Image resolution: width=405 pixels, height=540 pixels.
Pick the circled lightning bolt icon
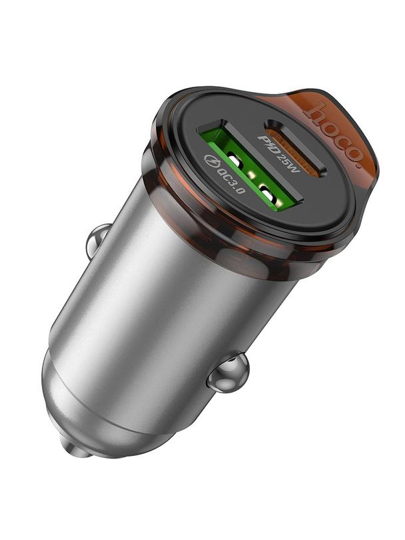(x=212, y=161)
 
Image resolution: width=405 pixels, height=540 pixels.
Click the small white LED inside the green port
(x=252, y=175)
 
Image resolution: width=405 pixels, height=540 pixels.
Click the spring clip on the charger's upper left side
(x=98, y=240)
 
